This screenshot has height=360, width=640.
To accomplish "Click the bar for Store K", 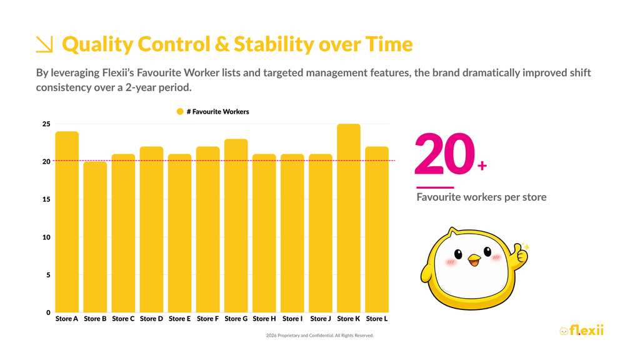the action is [x=349, y=218].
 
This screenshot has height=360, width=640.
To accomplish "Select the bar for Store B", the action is [x=95, y=237].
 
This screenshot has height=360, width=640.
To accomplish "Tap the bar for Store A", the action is [x=67, y=222].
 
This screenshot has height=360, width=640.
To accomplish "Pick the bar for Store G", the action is [x=236, y=226].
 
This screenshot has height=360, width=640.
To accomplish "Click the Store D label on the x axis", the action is [x=151, y=319].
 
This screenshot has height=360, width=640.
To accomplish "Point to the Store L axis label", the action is [x=377, y=319].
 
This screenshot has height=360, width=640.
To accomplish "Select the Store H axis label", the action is [x=264, y=319].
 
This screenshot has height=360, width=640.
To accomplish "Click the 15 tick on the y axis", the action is [x=46, y=199].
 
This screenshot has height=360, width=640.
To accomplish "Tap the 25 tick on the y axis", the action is [x=46, y=124].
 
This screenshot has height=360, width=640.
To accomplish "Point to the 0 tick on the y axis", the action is [x=48, y=312].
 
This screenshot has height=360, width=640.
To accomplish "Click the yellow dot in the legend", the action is [x=180, y=111].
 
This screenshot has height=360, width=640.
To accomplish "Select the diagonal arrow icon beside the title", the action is [x=44, y=44].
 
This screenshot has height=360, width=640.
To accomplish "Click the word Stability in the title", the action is [x=274, y=44].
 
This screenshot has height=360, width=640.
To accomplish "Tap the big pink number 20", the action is [x=445, y=154].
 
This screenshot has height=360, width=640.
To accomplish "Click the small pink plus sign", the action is [x=482, y=166].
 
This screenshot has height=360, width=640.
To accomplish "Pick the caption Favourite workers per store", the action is [x=481, y=197].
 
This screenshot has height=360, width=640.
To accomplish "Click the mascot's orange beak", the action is [x=474, y=259].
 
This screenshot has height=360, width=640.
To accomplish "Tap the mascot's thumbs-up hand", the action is [x=521, y=252].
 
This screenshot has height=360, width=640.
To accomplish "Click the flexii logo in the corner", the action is [x=582, y=330].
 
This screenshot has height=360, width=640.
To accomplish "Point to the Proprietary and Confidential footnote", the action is [x=320, y=336].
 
